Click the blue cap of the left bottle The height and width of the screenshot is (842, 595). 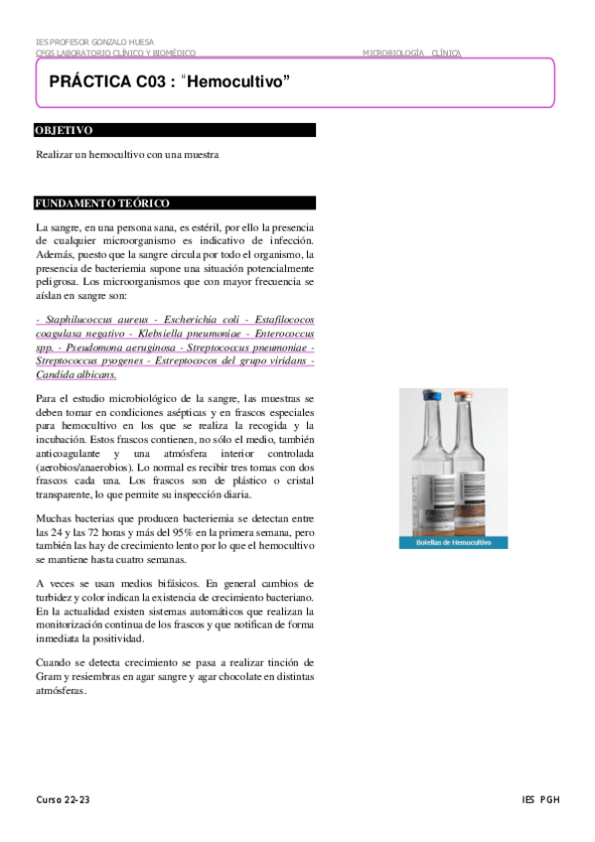click(x=433, y=395)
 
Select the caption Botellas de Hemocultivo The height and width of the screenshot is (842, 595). click(x=453, y=543)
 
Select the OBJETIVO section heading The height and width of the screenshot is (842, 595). click(x=65, y=130)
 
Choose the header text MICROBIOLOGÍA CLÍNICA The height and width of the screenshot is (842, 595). click(x=411, y=53)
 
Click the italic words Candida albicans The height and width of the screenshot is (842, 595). click(x=75, y=375)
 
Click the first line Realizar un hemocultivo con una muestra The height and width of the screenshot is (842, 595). click(x=126, y=155)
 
